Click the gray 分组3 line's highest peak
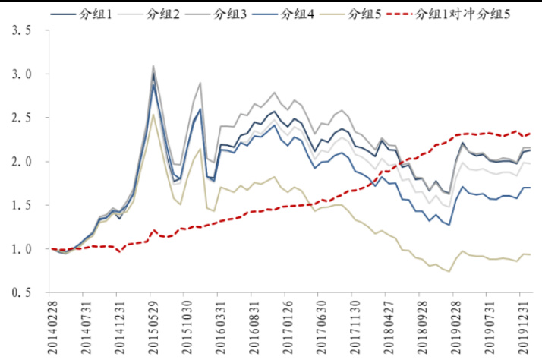click(153, 66)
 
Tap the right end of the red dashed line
click(528, 134)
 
